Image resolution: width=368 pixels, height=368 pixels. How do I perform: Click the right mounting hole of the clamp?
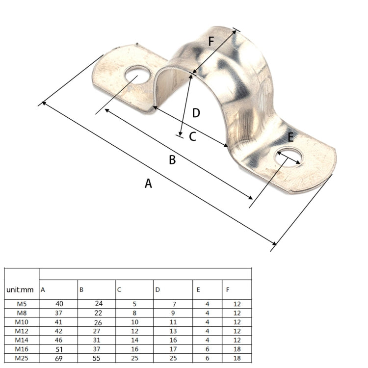290,156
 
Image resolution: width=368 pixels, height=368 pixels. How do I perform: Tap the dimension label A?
149,184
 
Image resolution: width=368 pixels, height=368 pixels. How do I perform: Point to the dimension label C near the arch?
193,137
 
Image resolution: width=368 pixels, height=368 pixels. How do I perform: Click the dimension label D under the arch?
196,113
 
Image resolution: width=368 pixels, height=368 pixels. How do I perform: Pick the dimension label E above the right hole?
291,137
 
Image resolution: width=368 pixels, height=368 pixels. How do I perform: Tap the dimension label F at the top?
211,42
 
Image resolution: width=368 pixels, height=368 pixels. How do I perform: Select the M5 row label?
22,304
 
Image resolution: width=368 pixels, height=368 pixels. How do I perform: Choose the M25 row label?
22,358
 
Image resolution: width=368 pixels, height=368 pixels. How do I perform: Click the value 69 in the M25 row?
58,358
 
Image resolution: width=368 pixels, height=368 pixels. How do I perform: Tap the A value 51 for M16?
58,349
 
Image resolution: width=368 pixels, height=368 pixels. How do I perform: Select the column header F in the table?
228,290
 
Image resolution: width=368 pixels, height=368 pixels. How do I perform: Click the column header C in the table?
119,290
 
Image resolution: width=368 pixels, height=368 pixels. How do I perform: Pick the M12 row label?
22,331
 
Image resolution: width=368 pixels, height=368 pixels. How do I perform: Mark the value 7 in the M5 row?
174,304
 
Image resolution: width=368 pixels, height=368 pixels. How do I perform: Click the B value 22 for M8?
99,313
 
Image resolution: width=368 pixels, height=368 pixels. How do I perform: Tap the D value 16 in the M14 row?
173,340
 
